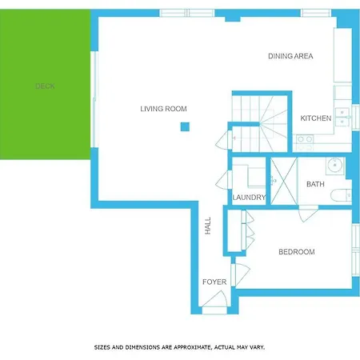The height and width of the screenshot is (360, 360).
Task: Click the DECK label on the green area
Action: point(45,86)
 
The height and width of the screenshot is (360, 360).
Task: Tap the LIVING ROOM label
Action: point(163,109)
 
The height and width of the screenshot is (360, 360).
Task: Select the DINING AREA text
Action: point(290,56)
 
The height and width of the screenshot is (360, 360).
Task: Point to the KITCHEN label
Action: point(316,118)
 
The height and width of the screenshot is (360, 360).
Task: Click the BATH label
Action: point(315,185)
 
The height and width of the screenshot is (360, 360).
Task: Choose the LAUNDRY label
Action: point(248,198)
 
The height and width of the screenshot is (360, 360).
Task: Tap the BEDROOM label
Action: point(296,252)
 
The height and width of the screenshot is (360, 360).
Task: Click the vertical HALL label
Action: point(208,226)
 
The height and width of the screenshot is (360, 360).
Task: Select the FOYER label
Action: point(214,282)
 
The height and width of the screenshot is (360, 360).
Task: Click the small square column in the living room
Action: point(185,126)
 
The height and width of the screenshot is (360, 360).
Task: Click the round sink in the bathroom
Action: point(334,166)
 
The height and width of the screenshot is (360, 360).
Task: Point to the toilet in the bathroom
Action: point(342,194)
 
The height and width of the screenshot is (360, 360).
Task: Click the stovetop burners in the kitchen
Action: point(304,139)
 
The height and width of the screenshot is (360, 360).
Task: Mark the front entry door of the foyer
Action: point(213,302)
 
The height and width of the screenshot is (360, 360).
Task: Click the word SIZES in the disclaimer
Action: point(102,347)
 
